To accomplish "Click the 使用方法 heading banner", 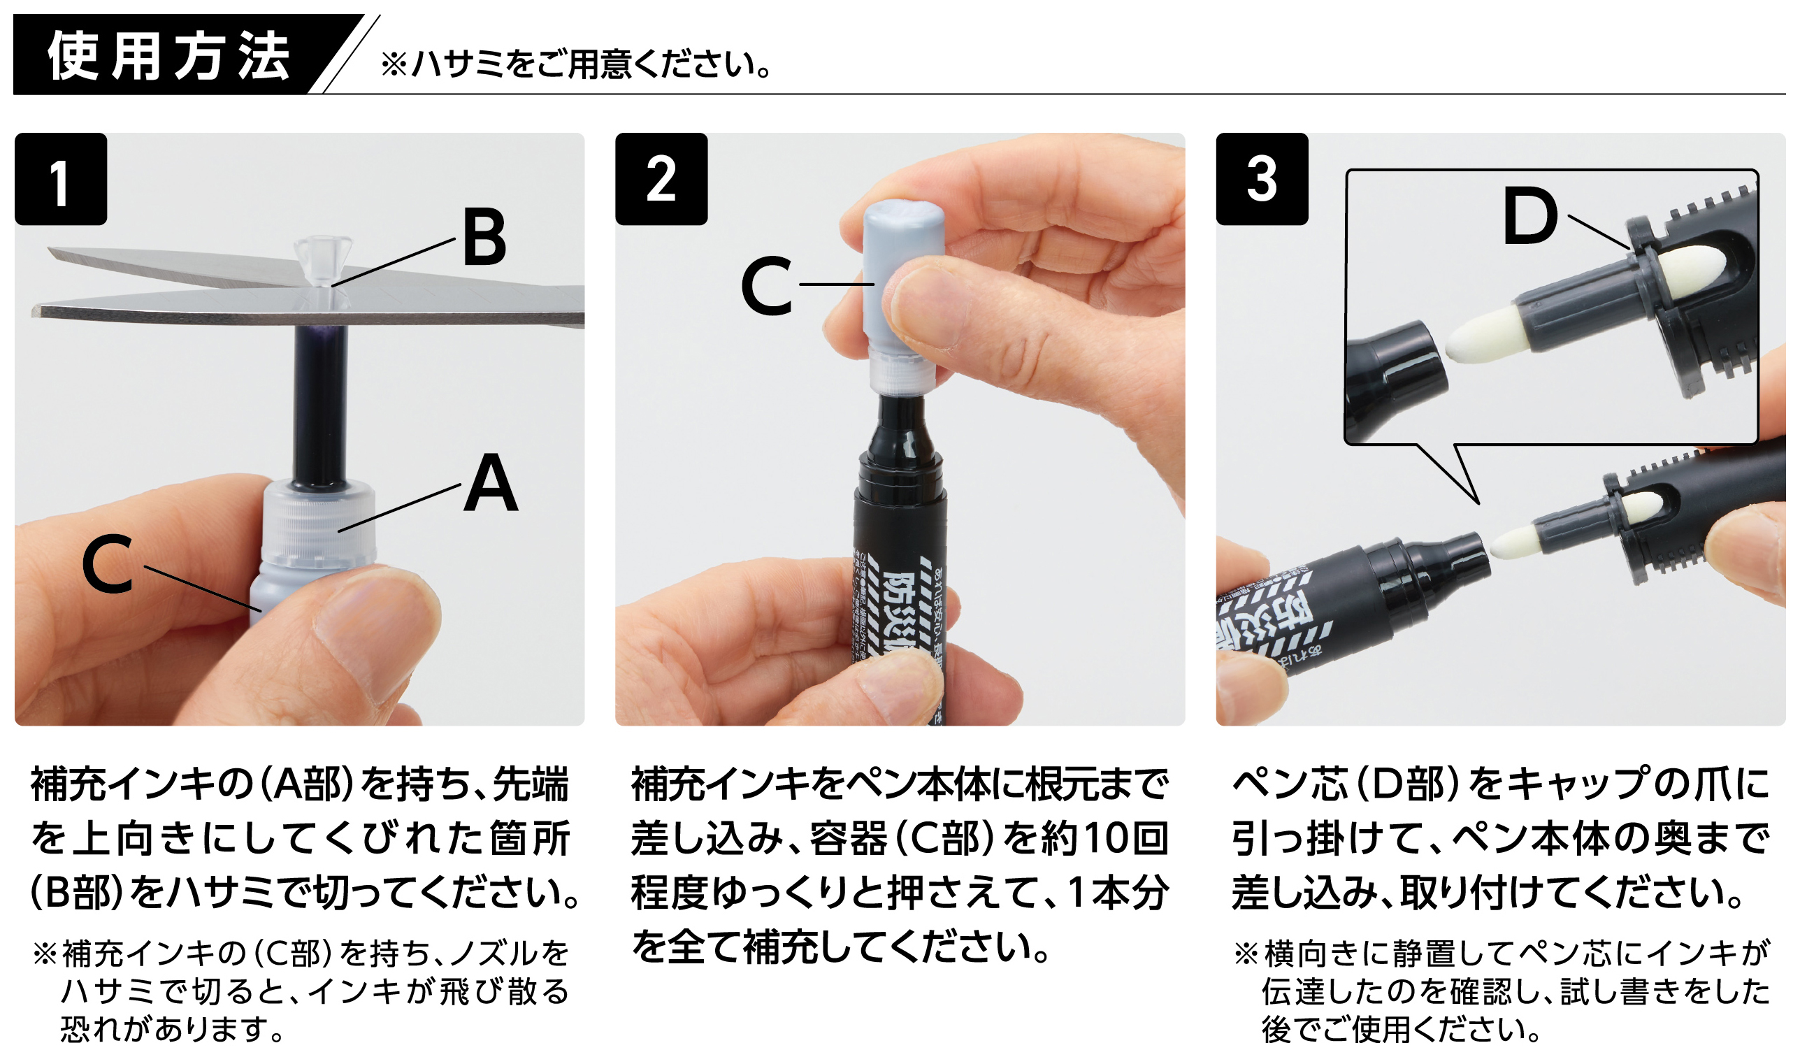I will click(x=168, y=56).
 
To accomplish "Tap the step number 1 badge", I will click(x=61, y=180).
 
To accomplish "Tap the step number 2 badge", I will click(x=661, y=180).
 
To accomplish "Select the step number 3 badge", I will click(x=1262, y=180).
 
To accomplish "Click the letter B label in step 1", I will click(x=484, y=238).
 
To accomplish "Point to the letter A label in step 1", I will click(x=491, y=484).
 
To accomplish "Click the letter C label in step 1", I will click(x=107, y=566).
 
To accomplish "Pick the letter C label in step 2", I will click(x=766, y=287).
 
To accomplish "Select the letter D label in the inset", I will click(x=1529, y=216).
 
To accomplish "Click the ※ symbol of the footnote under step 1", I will click(x=44, y=954).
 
